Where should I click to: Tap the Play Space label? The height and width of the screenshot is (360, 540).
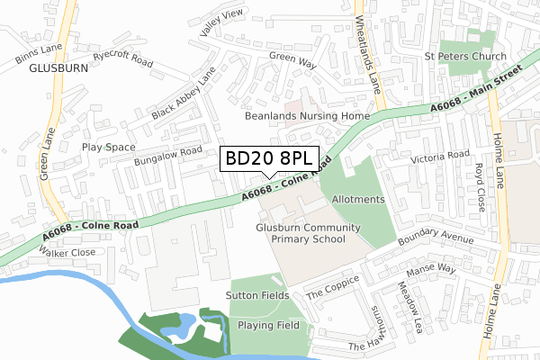108,148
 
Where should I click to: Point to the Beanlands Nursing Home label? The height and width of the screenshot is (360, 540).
307,116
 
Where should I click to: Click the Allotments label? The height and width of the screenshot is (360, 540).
358,199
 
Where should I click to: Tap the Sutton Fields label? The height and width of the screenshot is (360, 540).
257,295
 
